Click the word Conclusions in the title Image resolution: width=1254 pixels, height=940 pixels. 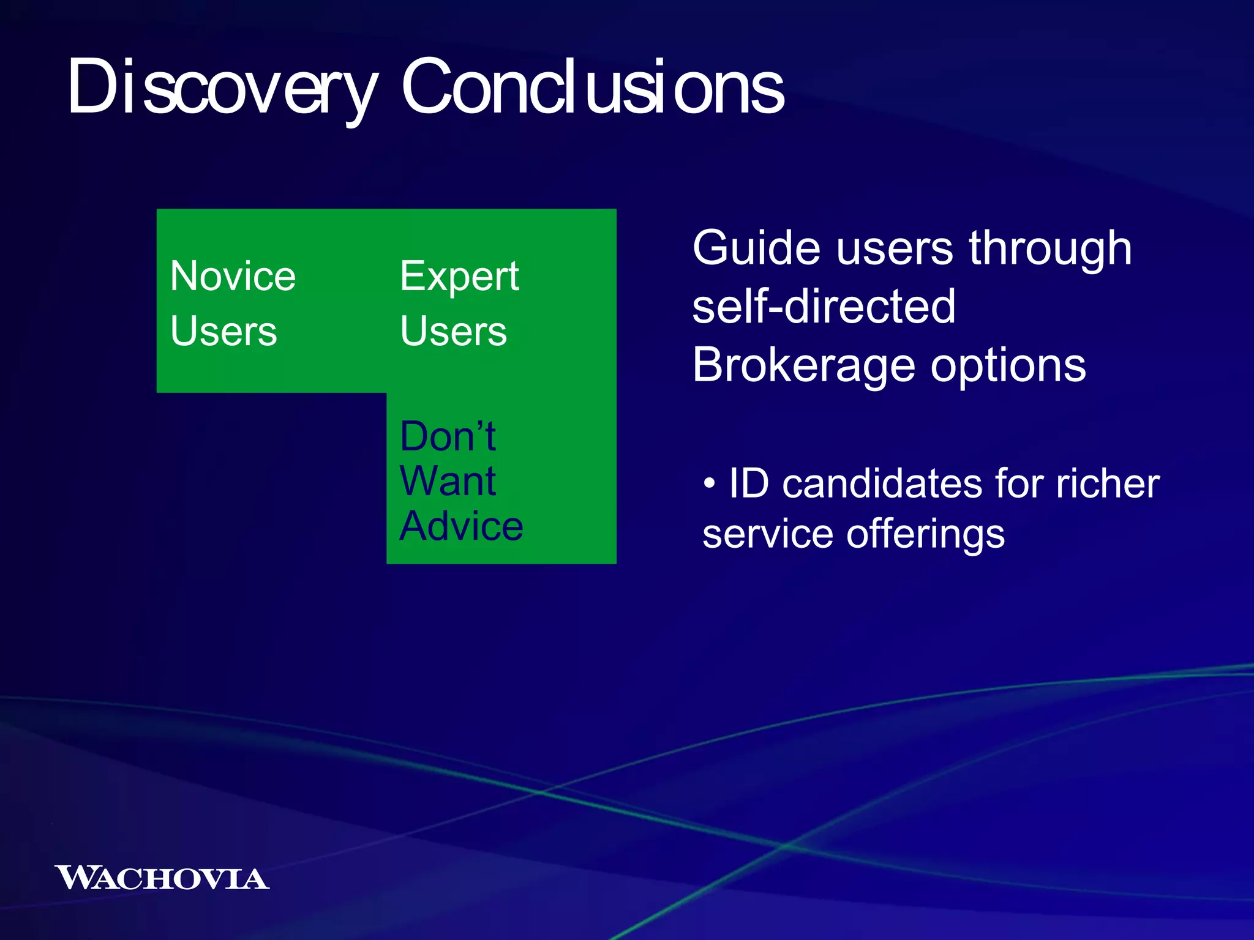point(592,87)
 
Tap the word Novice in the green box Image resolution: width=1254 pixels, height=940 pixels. point(233,276)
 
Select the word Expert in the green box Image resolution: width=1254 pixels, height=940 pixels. point(459,277)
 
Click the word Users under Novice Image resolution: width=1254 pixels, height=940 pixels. point(223,331)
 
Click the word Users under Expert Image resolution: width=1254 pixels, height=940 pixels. point(454,331)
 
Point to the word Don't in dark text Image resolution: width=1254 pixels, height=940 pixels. point(448,436)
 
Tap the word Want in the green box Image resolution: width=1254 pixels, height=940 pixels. point(448,481)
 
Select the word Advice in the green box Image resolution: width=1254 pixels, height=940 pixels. point(461,526)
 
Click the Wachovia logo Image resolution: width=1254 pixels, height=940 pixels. point(162,878)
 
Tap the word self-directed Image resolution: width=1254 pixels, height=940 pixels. point(824,306)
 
